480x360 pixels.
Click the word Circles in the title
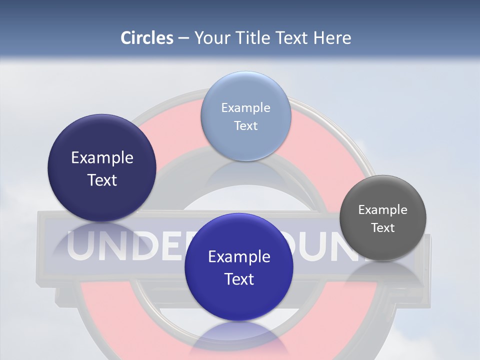(x=147, y=38)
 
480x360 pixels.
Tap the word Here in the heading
(x=332, y=38)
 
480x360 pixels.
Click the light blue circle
(x=245, y=116)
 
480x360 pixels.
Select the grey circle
(x=383, y=218)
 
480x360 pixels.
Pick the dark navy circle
(x=102, y=168)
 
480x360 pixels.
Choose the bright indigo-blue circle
(x=239, y=267)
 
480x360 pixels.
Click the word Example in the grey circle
(x=383, y=210)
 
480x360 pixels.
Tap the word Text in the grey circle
(x=383, y=228)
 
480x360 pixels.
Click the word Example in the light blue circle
(x=245, y=108)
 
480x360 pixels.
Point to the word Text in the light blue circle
(x=245, y=126)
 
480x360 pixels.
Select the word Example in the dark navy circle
(x=102, y=158)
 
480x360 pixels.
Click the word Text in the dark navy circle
(x=102, y=180)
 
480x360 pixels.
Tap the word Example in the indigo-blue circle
(x=239, y=257)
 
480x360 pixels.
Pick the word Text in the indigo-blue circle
(x=239, y=279)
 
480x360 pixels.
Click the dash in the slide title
(x=183, y=38)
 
